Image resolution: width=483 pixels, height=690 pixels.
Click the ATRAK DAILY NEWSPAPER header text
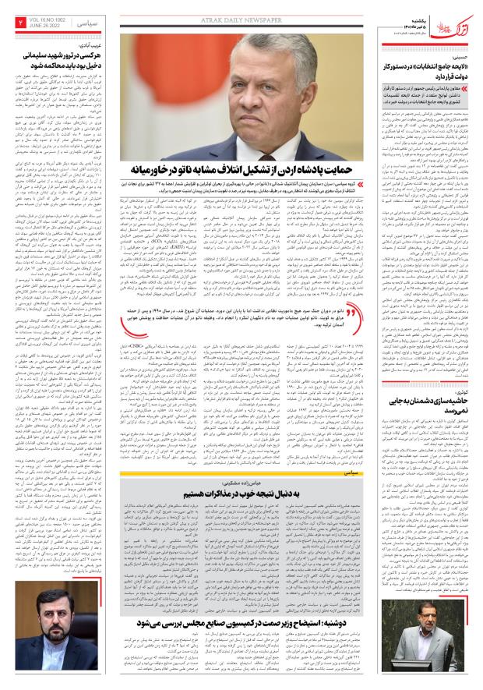[x=242, y=13]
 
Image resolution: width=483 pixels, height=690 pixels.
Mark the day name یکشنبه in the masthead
[x=411, y=12]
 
